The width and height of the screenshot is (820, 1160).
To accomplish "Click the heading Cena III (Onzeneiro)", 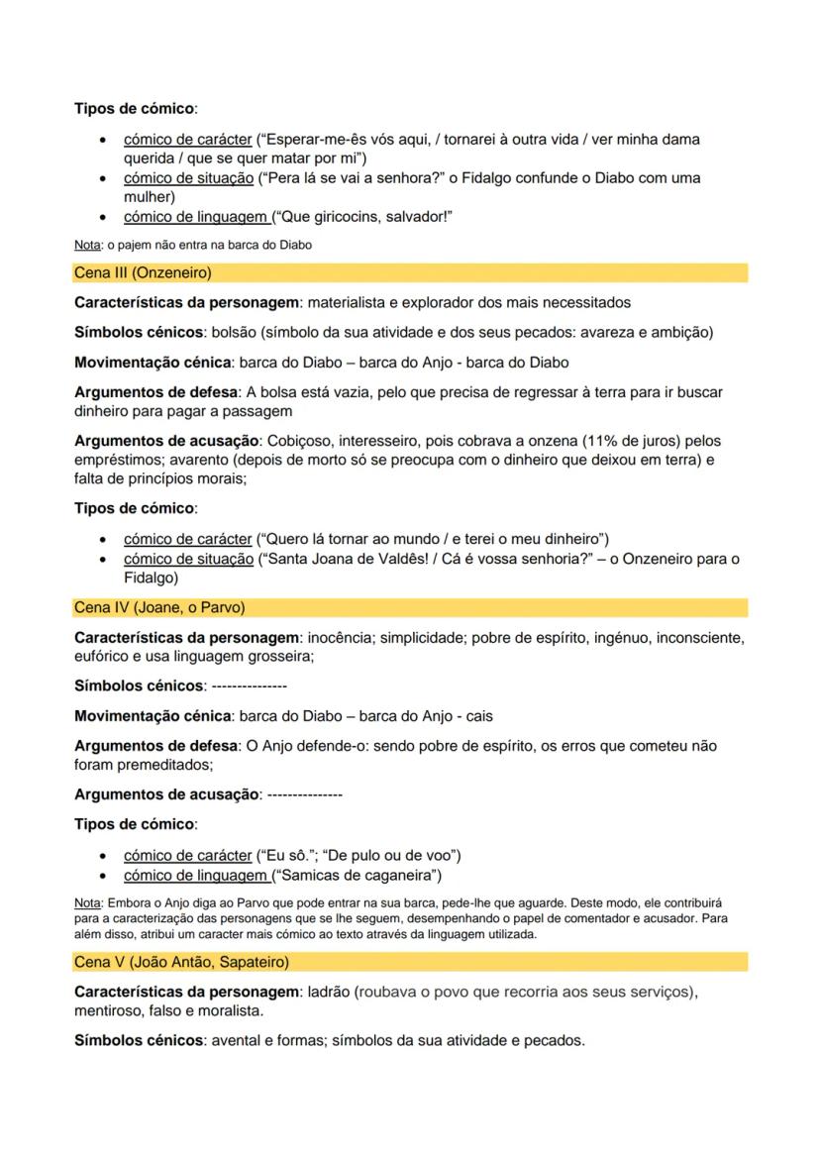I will [x=144, y=272].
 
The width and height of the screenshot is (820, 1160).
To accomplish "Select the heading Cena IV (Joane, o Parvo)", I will [x=159, y=607].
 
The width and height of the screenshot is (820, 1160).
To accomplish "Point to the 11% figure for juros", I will [x=574, y=439].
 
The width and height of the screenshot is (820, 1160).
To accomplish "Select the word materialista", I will [x=359, y=302].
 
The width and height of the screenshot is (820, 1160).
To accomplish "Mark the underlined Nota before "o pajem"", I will [x=86, y=246].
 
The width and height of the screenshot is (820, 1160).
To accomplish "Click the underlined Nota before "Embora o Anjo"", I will [x=86, y=904].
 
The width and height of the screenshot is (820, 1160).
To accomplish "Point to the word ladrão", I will [x=330, y=992].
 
